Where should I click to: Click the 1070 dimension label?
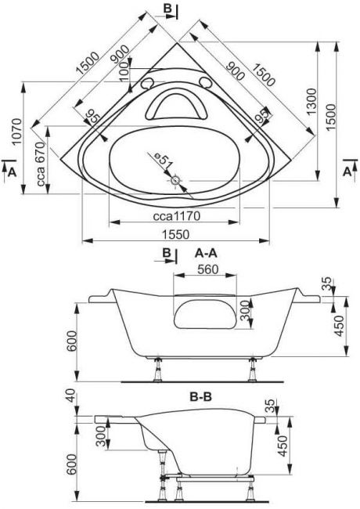coord(17,132)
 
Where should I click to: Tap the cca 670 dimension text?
coord(41,164)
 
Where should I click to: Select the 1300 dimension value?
coord(311,102)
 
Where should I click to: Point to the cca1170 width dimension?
coord(177,215)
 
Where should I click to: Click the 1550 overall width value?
coord(176,234)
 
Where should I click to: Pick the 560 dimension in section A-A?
coord(208,269)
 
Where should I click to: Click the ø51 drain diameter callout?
coord(162,161)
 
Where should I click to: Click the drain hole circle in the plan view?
coord(175,179)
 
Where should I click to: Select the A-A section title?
coord(206,253)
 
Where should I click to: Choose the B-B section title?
coord(200,396)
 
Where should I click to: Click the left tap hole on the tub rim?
coord(147,84)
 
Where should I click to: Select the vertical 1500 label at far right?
coord(331,117)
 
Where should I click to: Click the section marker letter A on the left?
coord(12,172)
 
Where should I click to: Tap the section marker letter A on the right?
coord(347,171)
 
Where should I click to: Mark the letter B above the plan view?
coord(167,9)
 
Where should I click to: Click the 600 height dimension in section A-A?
coord(71,341)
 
